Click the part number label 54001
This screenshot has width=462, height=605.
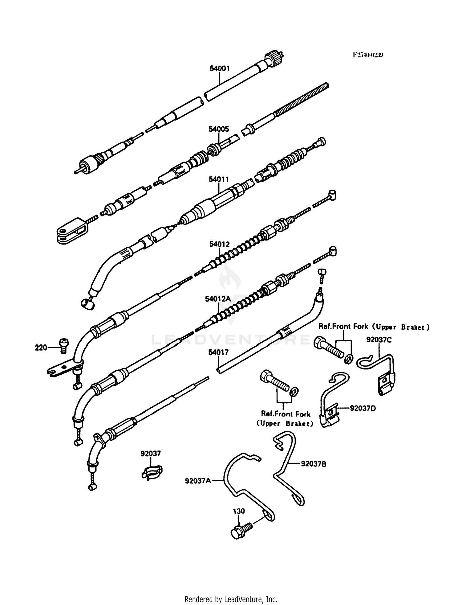pyautogui.click(x=219, y=68)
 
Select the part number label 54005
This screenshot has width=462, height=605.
pyautogui.click(x=219, y=129)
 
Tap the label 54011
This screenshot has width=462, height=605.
pyautogui.click(x=219, y=179)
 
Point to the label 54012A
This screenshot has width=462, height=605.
pyautogui.click(x=218, y=299)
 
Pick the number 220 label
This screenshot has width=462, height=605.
pyautogui.click(x=41, y=348)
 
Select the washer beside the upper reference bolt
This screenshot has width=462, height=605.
pyautogui.click(x=349, y=359)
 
